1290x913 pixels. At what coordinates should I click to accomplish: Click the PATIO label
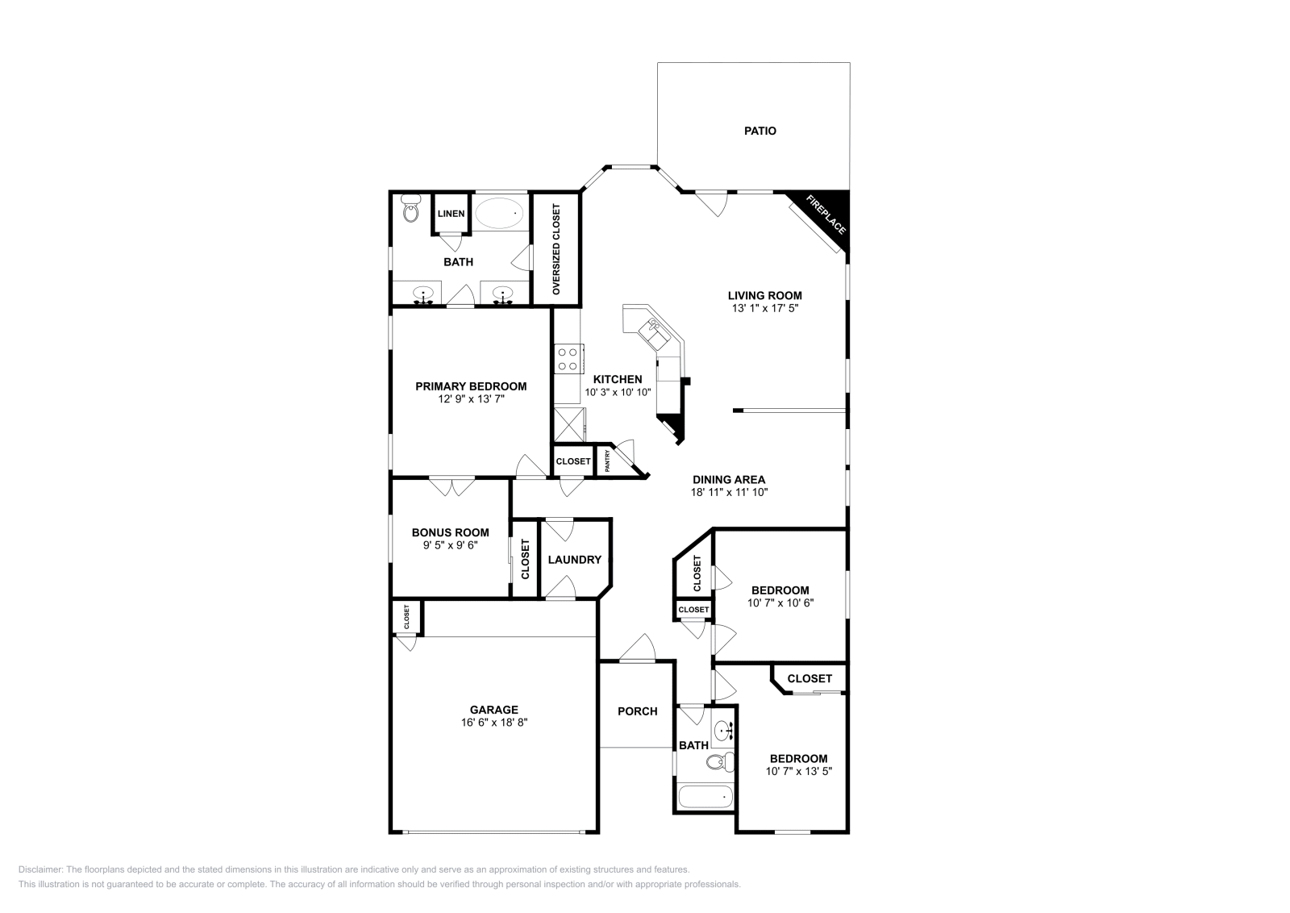click(759, 131)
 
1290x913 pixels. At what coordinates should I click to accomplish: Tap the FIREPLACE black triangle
click(830, 210)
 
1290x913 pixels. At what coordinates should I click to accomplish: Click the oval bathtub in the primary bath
click(499, 213)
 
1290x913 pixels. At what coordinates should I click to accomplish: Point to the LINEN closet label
click(451, 214)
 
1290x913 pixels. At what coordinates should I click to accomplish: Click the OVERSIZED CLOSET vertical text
click(556, 248)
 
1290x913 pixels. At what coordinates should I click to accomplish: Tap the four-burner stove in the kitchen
click(569, 358)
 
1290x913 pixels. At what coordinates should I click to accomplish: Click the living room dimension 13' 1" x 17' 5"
click(764, 308)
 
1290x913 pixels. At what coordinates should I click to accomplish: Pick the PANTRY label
click(607, 461)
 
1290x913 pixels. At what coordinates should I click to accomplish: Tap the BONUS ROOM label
click(450, 532)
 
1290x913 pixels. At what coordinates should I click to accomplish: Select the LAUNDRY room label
click(574, 560)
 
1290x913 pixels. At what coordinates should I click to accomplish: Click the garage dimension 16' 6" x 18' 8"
click(494, 723)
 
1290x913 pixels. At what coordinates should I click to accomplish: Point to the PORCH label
click(637, 711)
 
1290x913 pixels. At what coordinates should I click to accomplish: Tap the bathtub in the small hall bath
click(705, 797)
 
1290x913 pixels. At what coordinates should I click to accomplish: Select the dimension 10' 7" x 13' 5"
click(798, 771)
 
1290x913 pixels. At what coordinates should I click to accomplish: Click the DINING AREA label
click(728, 479)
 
